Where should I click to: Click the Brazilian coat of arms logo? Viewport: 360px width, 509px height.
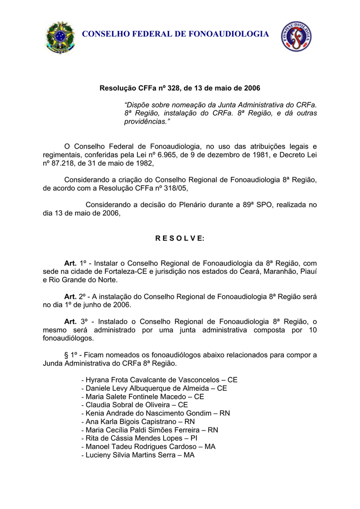pos(60,37)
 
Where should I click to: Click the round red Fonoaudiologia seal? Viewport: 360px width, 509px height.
pos(296,36)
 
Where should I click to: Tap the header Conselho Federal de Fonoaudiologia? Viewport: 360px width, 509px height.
pos(175,34)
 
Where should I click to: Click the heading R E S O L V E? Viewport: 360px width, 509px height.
pos(180,238)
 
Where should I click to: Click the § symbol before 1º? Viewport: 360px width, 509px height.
pos(67,355)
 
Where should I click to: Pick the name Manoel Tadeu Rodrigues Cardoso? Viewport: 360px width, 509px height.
pos(139,446)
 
